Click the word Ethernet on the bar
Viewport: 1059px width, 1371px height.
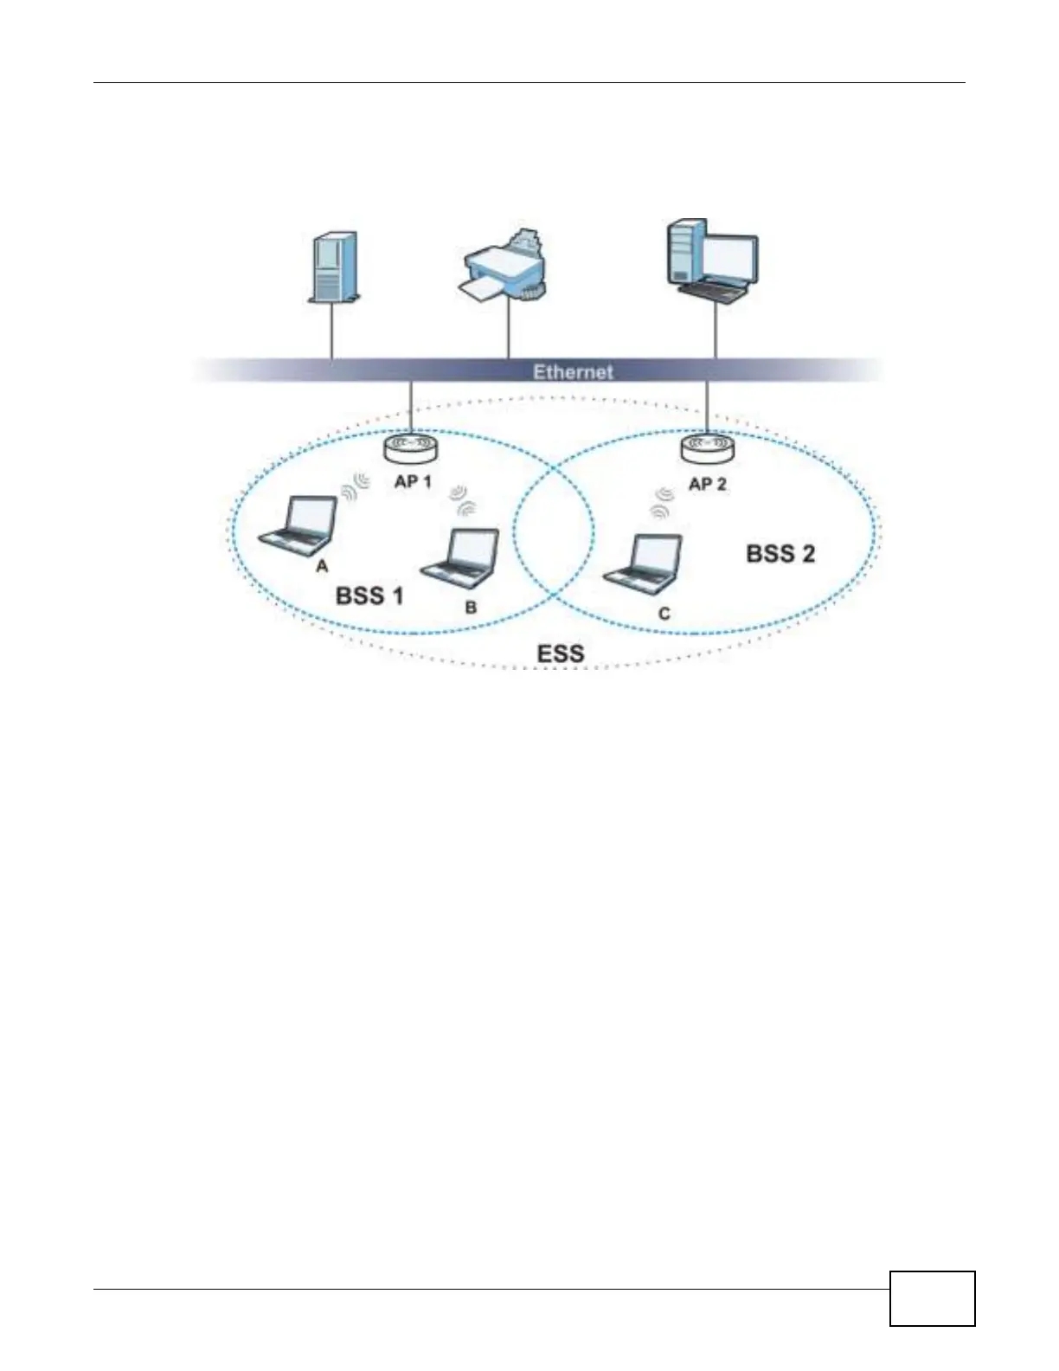pyautogui.click(x=573, y=371)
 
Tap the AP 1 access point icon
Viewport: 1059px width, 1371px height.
pyautogui.click(x=411, y=449)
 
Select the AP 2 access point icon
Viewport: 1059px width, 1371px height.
pyautogui.click(x=708, y=447)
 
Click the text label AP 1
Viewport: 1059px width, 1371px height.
pyautogui.click(x=413, y=481)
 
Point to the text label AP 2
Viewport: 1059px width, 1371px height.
pyautogui.click(x=708, y=484)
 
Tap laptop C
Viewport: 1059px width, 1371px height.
pyautogui.click(x=644, y=563)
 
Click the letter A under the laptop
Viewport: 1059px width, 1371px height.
pyautogui.click(x=322, y=566)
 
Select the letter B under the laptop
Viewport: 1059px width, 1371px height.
pyautogui.click(x=471, y=608)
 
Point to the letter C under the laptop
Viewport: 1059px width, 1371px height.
pyautogui.click(x=664, y=614)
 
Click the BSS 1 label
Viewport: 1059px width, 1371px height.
pyautogui.click(x=369, y=595)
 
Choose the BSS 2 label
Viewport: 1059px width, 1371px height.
pyautogui.click(x=780, y=554)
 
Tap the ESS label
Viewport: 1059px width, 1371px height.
pyautogui.click(x=561, y=653)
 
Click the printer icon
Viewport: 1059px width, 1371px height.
pyautogui.click(x=504, y=268)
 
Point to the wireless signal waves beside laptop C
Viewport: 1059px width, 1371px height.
pyautogui.click(x=662, y=503)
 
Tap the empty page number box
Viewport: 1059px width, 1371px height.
pyautogui.click(x=932, y=1297)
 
